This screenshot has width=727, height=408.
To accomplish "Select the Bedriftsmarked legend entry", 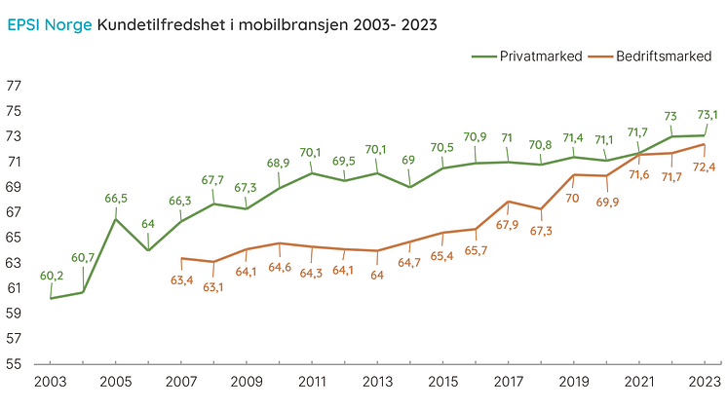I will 663,56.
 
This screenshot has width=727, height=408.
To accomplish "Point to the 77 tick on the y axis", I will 15,86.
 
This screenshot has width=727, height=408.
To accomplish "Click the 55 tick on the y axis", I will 15,364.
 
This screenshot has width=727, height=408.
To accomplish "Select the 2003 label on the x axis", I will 50,384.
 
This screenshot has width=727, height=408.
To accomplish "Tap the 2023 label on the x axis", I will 704,384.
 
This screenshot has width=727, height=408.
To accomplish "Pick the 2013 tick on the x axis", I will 377,384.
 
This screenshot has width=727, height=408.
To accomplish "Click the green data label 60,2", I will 51,276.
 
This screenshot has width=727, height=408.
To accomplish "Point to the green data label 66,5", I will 116,199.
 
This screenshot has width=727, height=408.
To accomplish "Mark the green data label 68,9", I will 280,163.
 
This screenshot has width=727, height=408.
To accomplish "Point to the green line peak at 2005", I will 116,219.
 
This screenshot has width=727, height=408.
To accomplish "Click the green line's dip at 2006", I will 148,250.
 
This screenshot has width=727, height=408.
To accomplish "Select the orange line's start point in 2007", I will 181,258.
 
